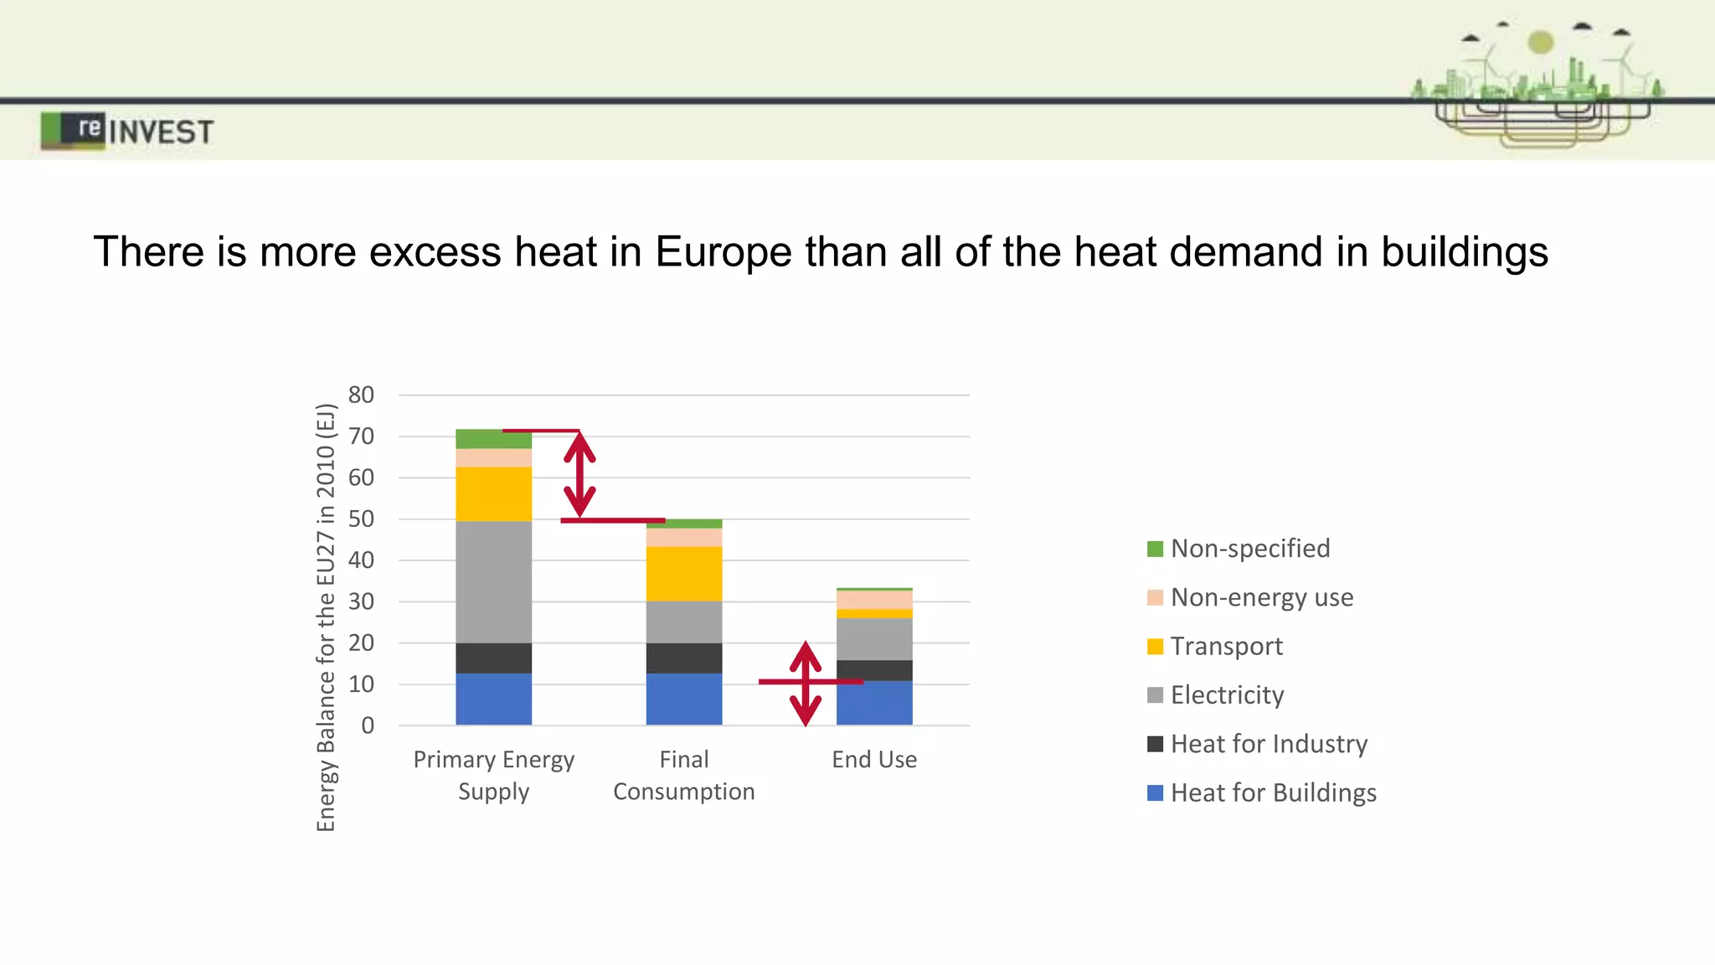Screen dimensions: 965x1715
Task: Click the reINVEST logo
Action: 127,131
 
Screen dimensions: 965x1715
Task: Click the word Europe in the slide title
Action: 723,252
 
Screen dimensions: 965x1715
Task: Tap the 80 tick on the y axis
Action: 361,395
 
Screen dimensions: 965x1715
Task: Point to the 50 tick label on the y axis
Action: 361,519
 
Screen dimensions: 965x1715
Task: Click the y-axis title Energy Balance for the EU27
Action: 326,617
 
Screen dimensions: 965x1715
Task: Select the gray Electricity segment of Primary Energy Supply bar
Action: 493,581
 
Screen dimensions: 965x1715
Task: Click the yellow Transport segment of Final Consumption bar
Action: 683,574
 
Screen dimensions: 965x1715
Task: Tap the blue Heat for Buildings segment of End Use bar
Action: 873,703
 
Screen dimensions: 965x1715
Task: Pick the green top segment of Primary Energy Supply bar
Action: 493,438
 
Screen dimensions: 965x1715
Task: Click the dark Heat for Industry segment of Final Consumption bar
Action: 683,658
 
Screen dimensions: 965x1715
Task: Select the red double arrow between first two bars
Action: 579,475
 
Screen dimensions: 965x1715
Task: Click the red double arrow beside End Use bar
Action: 806,684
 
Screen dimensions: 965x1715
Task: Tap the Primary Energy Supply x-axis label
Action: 493,775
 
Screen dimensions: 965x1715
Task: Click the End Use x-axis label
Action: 873,759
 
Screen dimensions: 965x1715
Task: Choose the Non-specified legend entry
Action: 1249,549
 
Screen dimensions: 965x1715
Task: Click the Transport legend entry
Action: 1226,646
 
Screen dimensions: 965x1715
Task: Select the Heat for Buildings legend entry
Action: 1272,792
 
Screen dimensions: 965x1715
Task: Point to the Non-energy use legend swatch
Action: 1155,597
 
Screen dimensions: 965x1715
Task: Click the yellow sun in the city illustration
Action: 1540,41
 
